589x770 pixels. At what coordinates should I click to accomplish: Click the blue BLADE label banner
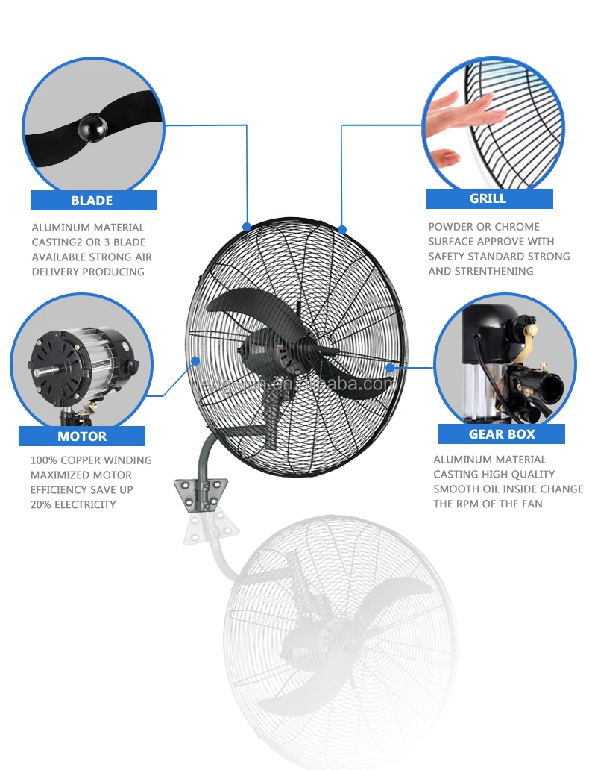pyautogui.click(x=93, y=200)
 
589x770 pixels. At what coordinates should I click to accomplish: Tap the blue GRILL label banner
pyautogui.click(x=489, y=198)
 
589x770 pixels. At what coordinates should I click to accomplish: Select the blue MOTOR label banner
pyautogui.click(x=82, y=436)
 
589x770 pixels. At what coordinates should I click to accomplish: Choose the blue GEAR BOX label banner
pyautogui.click(x=502, y=433)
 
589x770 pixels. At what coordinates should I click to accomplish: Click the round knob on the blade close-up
pyautogui.click(x=92, y=128)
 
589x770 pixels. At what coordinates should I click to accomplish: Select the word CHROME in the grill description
pyautogui.click(x=519, y=227)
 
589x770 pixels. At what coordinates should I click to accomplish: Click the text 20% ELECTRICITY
pyautogui.click(x=73, y=505)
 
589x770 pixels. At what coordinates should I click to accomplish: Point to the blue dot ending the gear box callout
pyautogui.click(x=390, y=367)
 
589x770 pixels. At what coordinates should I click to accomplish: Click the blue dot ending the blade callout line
pyautogui.click(x=247, y=225)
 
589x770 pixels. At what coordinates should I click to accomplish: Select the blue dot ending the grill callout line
pyautogui.click(x=341, y=228)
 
